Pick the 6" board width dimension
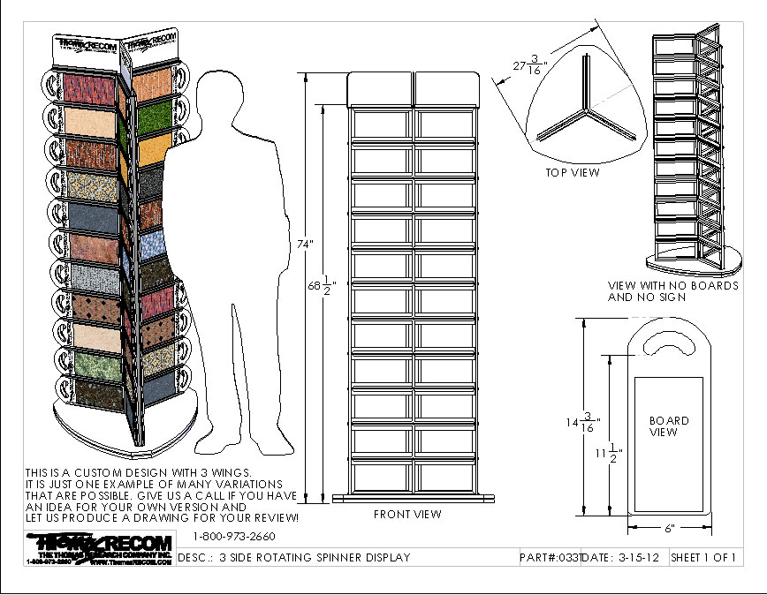point(669,528)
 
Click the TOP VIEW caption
point(573,172)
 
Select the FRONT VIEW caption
point(407,514)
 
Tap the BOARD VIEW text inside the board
point(669,426)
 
